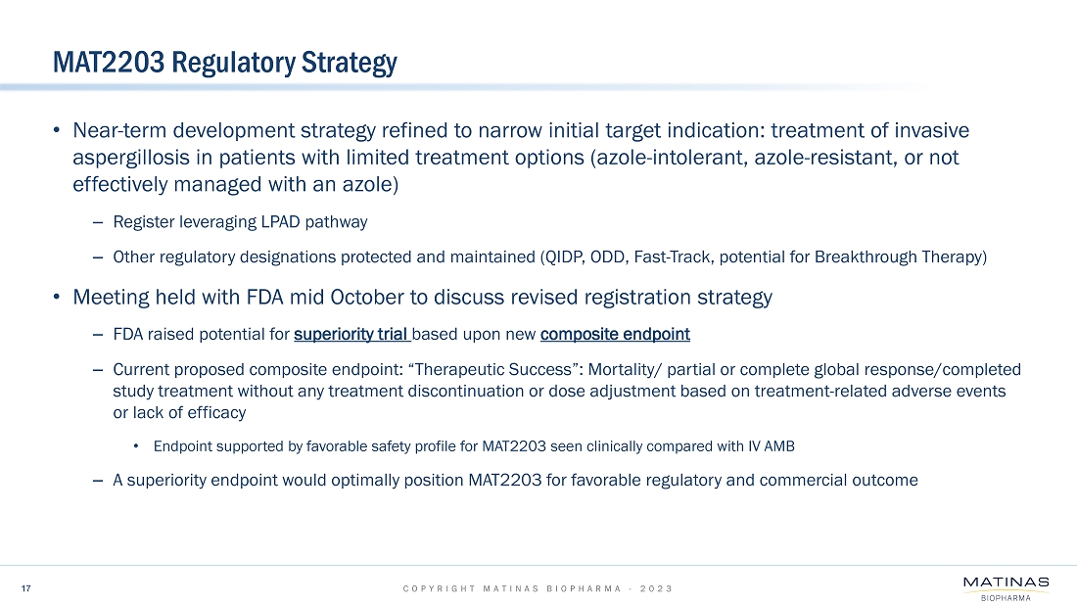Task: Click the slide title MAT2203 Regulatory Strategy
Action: click(224, 63)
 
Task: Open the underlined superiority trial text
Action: click(351, 335)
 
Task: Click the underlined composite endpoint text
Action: click(616, 335)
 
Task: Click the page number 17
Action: click(26, 588)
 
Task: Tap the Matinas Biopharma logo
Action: click(1007, 588)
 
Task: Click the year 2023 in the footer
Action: click(656, 588)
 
